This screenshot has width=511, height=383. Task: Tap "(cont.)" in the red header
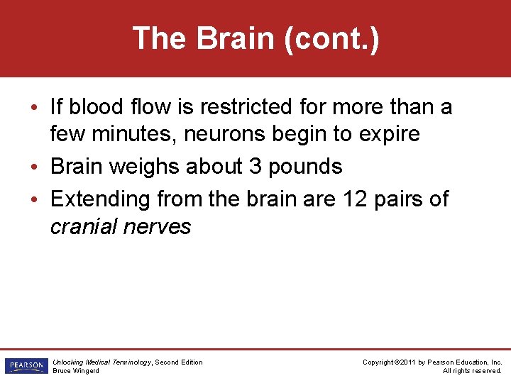[x=331, y=38]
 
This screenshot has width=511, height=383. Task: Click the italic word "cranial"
[x=83, y=226]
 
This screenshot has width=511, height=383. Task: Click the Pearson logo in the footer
[x=25, y=366]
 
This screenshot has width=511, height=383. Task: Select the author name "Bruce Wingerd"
[x=76, y=371]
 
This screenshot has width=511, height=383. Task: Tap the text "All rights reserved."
[x=472, y=371]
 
